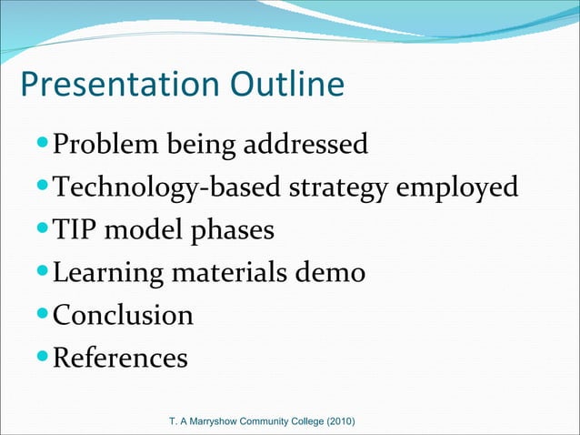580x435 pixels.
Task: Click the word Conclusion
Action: pos(123,316)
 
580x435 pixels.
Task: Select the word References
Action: pos(120,359)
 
